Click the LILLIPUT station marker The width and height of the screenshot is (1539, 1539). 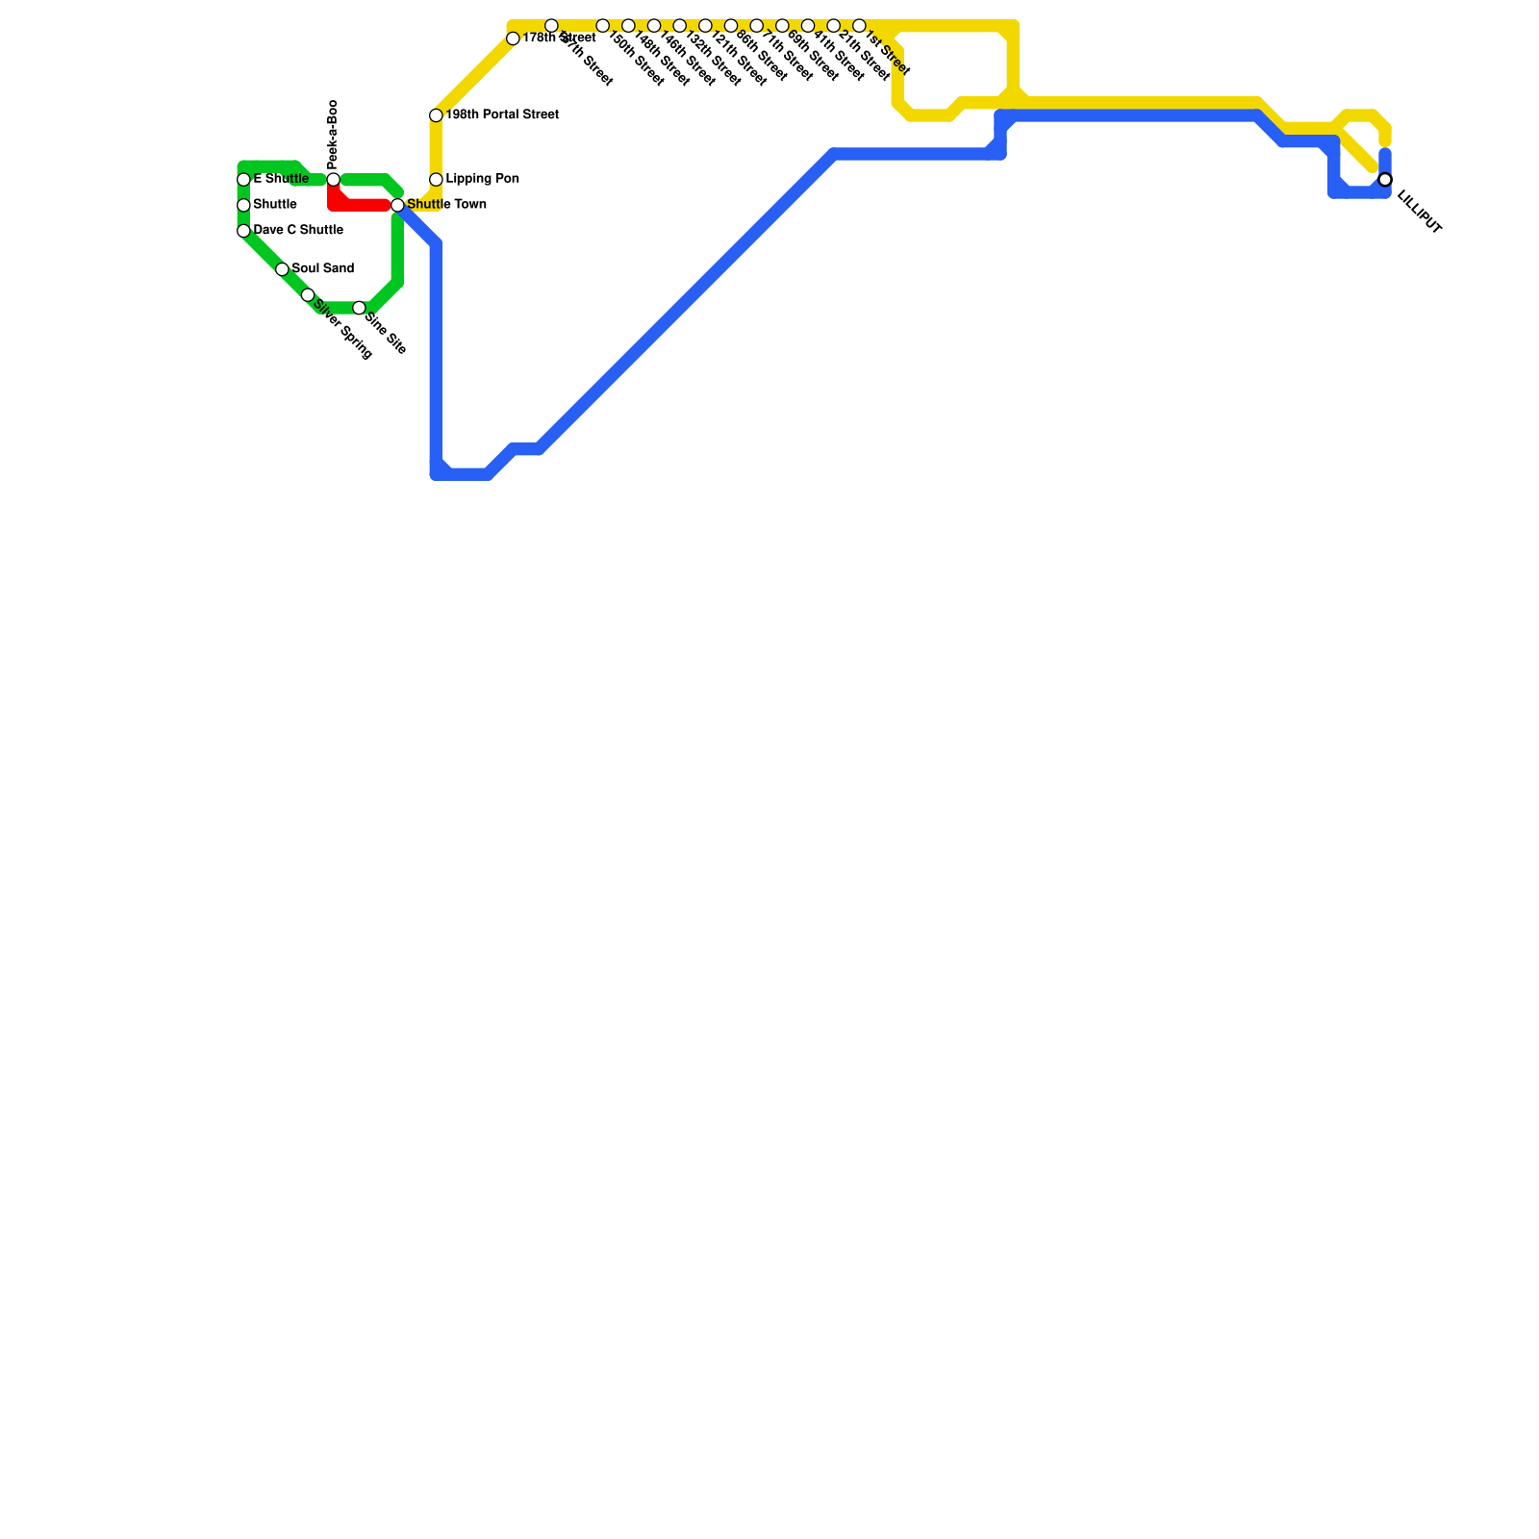coord(1385,180)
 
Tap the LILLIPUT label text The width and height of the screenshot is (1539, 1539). coord(1419,213)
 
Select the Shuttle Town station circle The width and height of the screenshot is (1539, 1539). coord(397,205)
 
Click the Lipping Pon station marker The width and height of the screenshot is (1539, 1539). coord(436,180)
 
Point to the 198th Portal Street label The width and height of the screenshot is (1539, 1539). coord(502,115)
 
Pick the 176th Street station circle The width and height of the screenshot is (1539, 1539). coord(513,38)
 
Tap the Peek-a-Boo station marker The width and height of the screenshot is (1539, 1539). coord(333,180)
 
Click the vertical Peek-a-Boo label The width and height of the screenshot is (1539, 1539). coord(333,134)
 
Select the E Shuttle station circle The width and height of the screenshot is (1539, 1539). coord(243,180)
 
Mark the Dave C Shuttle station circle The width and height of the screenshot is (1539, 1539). coord(243,231)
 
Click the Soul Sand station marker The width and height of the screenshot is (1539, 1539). coord(282,269)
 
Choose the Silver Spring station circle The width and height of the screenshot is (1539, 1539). coord(308,295)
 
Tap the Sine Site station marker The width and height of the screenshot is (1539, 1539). coord(359,308)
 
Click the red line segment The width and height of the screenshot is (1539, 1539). coord(361,205)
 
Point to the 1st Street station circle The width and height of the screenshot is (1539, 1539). coord(859,26)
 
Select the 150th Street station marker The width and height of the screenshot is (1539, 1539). coord(602,26)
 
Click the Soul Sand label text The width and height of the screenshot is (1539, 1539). coord(323,268)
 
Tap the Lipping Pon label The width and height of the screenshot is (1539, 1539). coord(483,179)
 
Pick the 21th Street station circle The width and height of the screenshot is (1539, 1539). coord(833,26)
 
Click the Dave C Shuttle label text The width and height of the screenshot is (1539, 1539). coord(298,231)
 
